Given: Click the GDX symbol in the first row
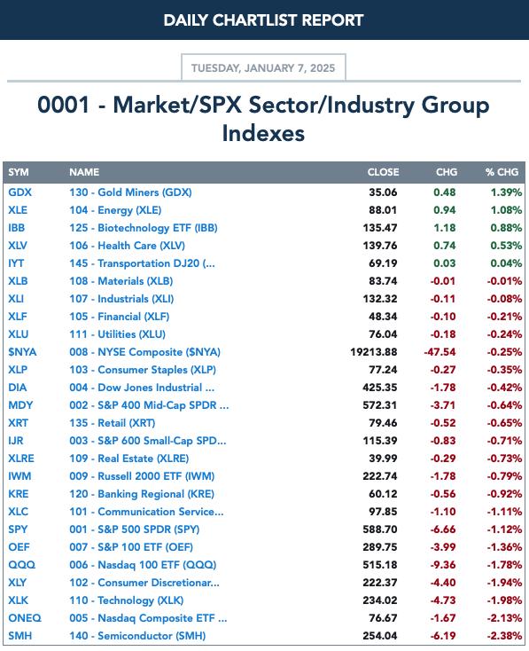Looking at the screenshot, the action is click(x=19, y=192).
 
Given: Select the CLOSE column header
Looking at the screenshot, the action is click(x=383, y=172).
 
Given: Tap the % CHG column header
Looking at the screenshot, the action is click(x=502, y=172).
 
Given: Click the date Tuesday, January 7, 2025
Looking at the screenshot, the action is click(x=263, y=68).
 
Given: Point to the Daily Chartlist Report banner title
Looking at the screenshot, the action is click(x=263, y=20).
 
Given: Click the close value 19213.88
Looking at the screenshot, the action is click(x=373, y=352).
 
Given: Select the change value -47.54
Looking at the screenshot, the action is click(x=440, y=352).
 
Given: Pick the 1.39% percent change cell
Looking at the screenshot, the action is click(x=506, y=192).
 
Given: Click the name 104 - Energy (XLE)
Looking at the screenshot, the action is click(x=115, y=210).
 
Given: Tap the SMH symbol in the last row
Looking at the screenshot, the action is click(x=19, y=636).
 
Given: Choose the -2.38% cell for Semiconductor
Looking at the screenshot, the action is click(x=504, y=636).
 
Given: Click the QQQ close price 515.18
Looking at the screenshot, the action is click(x=380, y=565).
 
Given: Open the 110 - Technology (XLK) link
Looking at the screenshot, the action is click(x=127, y=600).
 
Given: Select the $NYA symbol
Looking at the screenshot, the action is click(x=22, y=352).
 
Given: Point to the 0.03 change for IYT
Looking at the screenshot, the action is click(x=445, y=263).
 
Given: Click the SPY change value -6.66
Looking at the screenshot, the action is click(x=443, y=529).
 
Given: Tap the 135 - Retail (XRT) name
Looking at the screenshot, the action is click(x=113, y=423).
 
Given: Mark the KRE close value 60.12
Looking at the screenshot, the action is click(x=383, y=494).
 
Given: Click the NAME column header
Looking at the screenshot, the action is click(x=84, y=172).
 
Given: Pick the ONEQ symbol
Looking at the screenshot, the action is click(x=25, y=618).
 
